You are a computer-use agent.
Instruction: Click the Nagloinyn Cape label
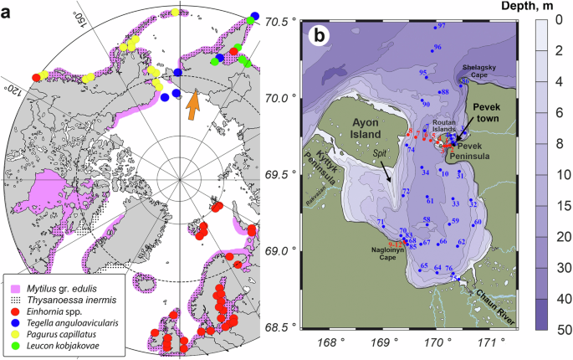386,254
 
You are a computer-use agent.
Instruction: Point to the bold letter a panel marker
8,13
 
